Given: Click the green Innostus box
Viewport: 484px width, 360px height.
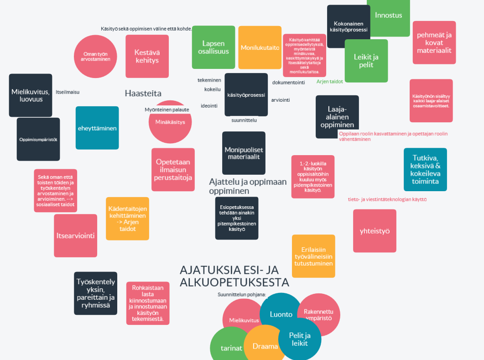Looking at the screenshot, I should point(389,15).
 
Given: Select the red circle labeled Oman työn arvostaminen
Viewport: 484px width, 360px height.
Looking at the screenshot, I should point(95,57).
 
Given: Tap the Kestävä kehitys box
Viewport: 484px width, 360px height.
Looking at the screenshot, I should point(147,56).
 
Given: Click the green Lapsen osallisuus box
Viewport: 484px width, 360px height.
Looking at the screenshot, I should point(213,47).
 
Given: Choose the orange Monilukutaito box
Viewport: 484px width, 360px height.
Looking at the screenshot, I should point(260,47).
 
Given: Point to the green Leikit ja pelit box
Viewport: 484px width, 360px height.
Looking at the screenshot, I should point(366,61).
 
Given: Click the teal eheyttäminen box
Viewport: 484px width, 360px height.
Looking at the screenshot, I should point(97,128).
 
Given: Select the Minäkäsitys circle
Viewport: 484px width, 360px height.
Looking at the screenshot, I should point(170,122).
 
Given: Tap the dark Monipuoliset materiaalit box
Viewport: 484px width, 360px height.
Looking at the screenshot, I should point(244,153).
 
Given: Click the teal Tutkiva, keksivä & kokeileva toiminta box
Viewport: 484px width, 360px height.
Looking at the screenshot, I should point(425,169).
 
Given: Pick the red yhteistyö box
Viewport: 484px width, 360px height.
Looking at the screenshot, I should point(375,231).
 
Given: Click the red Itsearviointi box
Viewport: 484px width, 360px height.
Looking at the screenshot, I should point(75,236).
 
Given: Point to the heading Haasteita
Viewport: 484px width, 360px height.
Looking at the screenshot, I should point(143,93).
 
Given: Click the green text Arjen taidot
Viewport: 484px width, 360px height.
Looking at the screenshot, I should point(330,81).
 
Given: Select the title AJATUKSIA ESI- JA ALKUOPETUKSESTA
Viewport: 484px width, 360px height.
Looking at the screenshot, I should point(234,276).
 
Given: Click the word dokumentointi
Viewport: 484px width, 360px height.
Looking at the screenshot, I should point(288,83).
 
